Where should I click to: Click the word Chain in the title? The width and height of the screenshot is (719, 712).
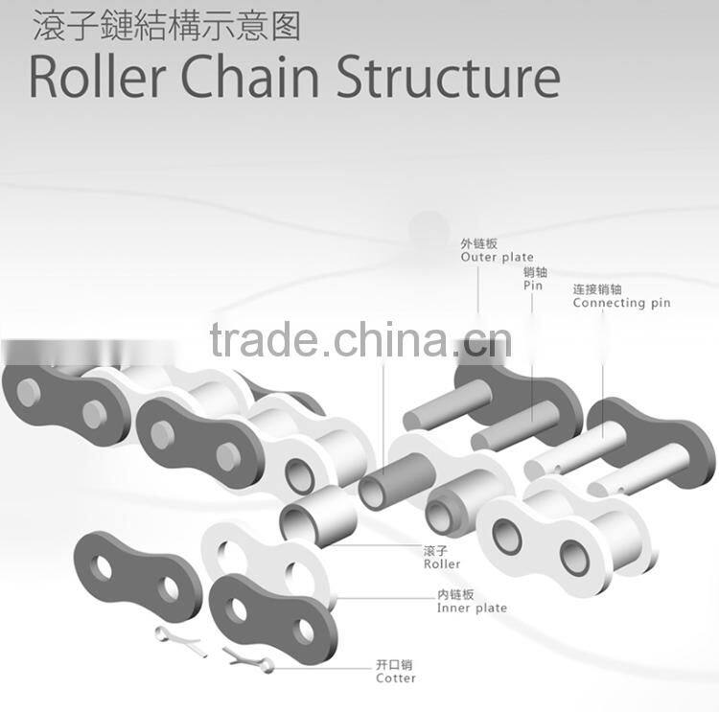point(247,78)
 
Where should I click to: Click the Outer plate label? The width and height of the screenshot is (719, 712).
point(497,258)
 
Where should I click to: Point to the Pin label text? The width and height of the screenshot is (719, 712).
point(533,286)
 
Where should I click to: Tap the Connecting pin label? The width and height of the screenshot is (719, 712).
point(621,303)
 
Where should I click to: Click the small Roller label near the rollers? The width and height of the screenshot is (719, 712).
point(441,564)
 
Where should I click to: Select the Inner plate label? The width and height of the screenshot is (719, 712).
point(472,608)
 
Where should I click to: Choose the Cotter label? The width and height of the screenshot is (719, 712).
point(396,678)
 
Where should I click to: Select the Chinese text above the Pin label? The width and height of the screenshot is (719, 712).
point(535,272)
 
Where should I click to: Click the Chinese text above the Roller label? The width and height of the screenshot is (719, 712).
point(436,551)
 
